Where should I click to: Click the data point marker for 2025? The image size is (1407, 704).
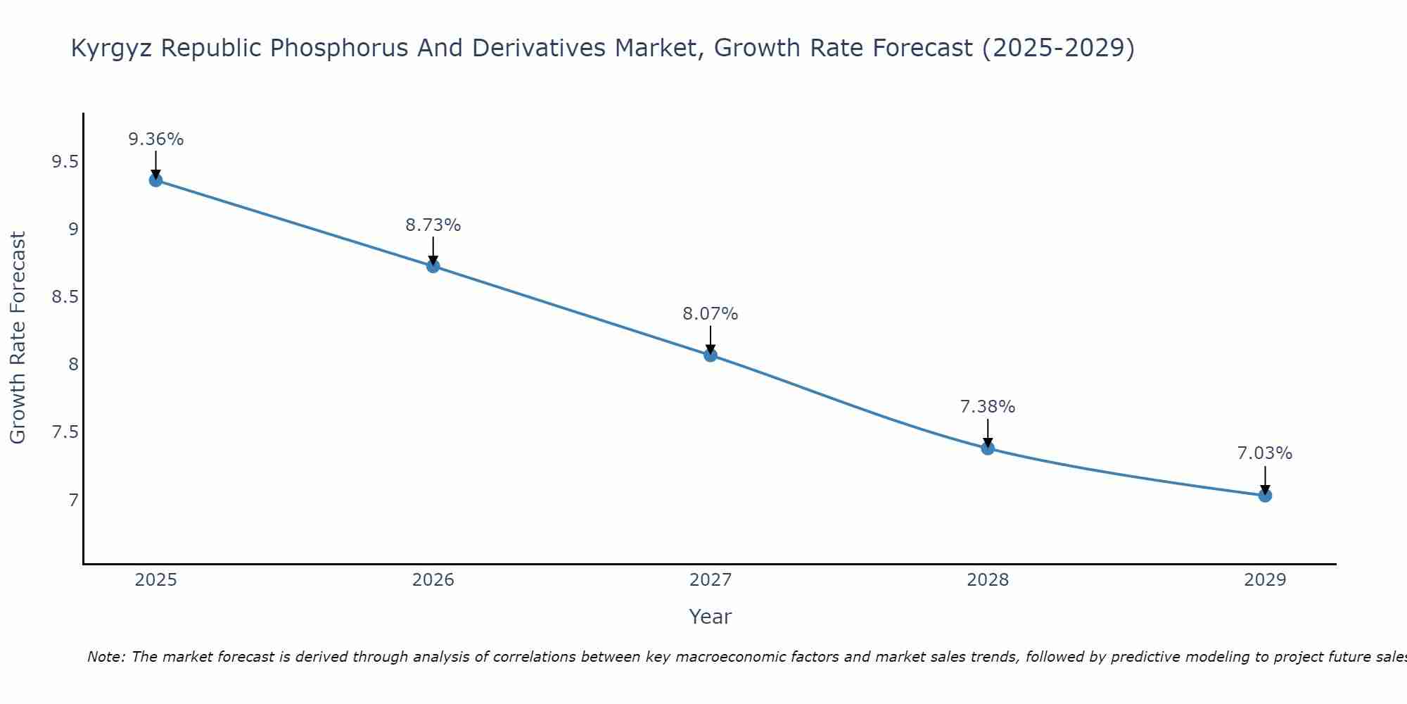155,180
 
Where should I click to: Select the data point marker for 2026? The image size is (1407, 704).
433,266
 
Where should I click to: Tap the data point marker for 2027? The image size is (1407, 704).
711,355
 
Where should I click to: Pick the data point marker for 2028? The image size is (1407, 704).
988,448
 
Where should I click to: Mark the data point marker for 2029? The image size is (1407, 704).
1265,496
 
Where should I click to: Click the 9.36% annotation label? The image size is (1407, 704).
155,139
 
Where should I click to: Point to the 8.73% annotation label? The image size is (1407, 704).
433,225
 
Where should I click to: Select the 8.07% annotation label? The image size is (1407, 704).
711,314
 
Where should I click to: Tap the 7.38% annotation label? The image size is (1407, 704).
988,407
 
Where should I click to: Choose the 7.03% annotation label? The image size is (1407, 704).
1265,453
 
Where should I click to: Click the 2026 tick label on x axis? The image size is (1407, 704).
433,580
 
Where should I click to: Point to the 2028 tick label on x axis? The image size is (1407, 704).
988,580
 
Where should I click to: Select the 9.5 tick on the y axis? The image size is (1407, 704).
65,163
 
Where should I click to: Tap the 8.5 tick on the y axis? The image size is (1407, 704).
65,297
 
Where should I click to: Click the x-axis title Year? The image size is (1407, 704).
711,617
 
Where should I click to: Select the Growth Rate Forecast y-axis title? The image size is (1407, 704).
18,338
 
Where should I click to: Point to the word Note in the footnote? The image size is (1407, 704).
106,657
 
